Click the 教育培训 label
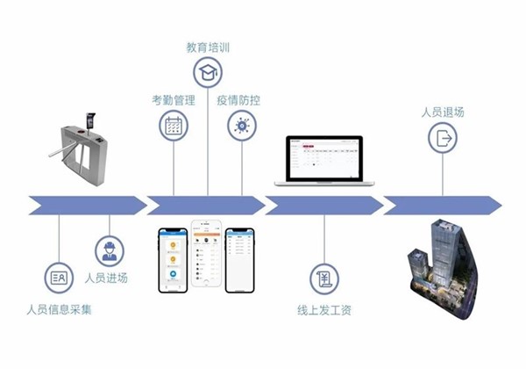(208, 45)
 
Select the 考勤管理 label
(173, 99)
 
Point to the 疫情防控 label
(239, 99)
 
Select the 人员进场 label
(107, 278)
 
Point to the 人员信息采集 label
(59, 309)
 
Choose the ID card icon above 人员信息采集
(59, 279)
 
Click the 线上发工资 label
(324, 309)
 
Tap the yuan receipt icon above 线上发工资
(324, 279)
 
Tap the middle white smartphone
(209, 256)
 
